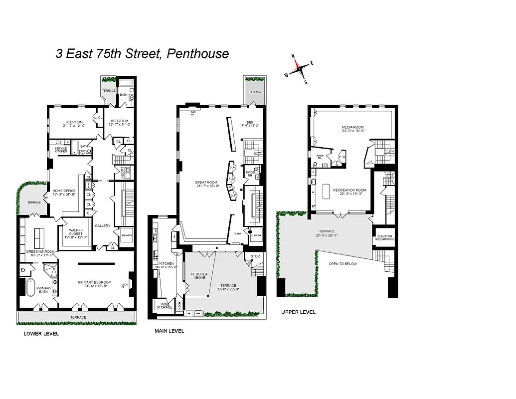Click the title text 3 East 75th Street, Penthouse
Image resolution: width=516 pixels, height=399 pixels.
point(142,53)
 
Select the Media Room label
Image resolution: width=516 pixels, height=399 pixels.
point(353,128)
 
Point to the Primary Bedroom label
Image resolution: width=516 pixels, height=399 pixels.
point(95,282)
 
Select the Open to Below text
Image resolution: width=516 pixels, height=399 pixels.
point(343,264)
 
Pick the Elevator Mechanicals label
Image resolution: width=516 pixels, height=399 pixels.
point(385,237)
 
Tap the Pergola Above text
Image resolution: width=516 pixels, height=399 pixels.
point(199,276)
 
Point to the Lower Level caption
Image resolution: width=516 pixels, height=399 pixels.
point(41,334)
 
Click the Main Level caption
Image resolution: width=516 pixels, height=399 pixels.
point(169,331)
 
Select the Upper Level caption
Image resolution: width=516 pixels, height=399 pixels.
point(298,312)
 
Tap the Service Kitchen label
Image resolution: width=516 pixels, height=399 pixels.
point(61,150)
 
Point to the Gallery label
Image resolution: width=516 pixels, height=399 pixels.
point(102,226)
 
